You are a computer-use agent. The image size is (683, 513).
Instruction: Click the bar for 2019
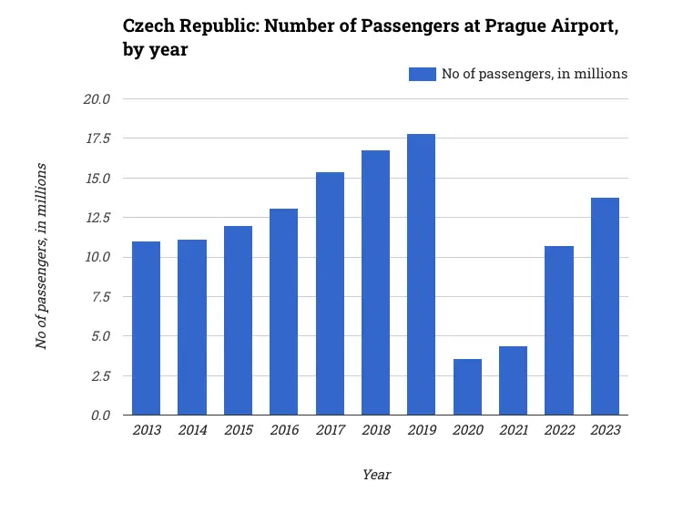tap(422, 274)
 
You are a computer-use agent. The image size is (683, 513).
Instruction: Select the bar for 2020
tap(467, 387)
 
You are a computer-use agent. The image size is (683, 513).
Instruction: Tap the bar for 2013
tap(146, 328)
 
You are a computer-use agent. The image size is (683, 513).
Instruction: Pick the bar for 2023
tap(605, 306)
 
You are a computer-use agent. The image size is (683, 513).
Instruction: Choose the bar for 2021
tap(513, 381)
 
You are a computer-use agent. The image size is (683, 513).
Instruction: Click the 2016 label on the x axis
tap(284, 430)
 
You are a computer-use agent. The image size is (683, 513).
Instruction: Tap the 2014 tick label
tap(192, 430)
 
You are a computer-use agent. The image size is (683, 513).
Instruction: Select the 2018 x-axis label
tap(375, 430)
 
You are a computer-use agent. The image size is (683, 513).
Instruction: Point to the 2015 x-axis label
tap(238, 430)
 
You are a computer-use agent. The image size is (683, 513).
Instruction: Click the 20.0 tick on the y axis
tap(97, 99)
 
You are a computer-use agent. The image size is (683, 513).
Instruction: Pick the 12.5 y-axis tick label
tap(97, 218)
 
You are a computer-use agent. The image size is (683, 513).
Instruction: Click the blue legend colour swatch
tap(423, 74)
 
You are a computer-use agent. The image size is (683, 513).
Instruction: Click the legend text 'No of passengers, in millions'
tap(535, 74)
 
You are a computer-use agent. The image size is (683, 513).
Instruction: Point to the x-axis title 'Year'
tap(376, 475)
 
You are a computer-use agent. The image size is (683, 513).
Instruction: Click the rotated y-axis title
tap(41, 256)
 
